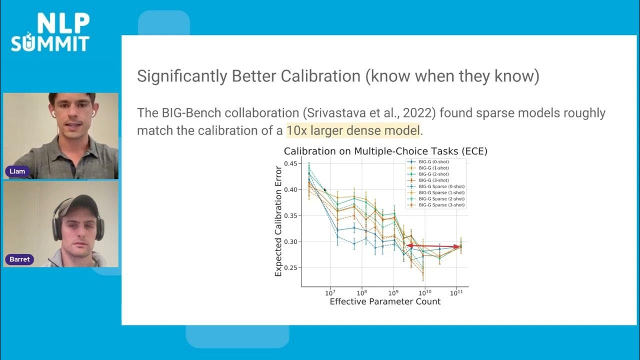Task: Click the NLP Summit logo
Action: point(50,32)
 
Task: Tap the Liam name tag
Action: point(17,171)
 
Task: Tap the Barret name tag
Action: point(19,259)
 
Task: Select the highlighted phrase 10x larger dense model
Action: point(353,131)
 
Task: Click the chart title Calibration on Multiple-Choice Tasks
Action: point(385,151)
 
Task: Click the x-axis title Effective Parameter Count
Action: point(385,301)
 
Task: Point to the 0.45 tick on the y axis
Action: point(290,163)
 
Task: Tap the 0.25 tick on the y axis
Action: point(290,268)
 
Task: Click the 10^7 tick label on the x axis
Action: point(329,292)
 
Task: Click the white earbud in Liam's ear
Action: point(53,113)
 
